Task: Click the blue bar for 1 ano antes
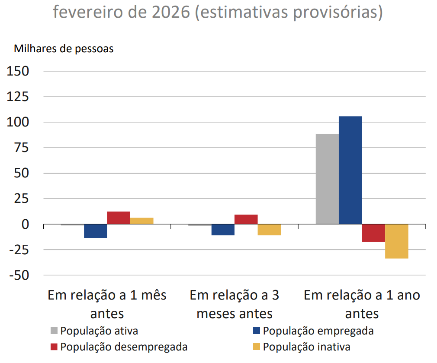pyautogui.click(x=350, y=170)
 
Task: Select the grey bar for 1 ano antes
pyautogui.click(x=327, y=179)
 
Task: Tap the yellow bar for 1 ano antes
pyautogui.click(x=396, y=241)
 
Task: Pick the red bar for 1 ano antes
pyautogui.click(x=373, y=233)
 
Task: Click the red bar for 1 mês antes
pyautogui.click(x=119, y=218)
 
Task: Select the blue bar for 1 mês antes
pyautogui.click(x=96, y=231)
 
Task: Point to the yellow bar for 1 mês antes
pyautogui.click(x=141, y=221)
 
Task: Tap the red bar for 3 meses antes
pyautogui.click(x=246, y=219)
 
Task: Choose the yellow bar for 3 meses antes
pyautogui.click(x=269, y=230)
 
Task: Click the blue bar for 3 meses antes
pyautogui.click(x=223, y=230)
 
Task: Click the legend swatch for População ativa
pyautogui.click(x=54, y=331)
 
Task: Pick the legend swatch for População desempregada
pyautogui.click(x=54, y=347)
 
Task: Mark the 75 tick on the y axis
pyautogui.click(x=21, y=148)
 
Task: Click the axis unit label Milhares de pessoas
pyautogui.click(x=64, y=49)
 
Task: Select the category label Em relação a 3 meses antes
pyautogui.click(x=235, y=304)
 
